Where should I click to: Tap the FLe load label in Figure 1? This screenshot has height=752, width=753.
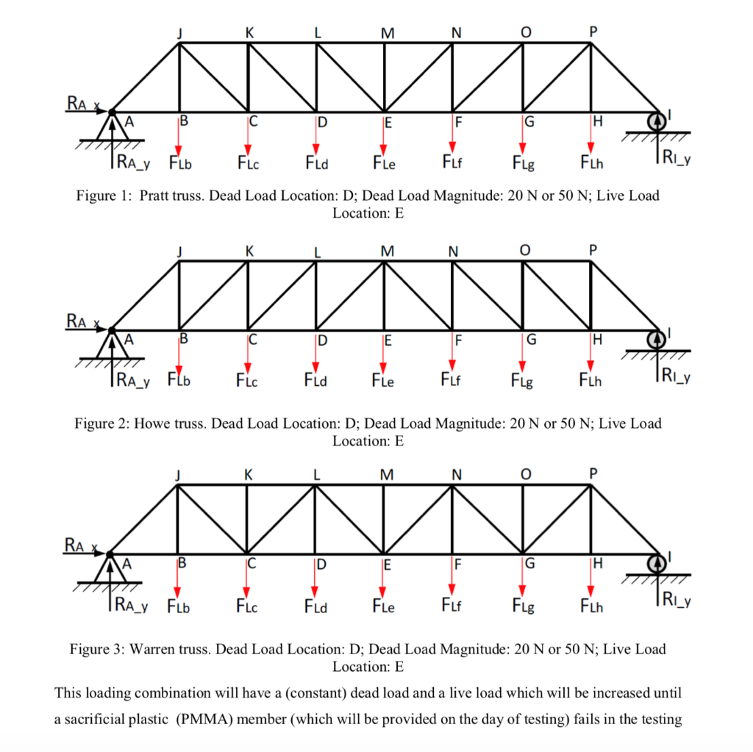(x=383, y=162)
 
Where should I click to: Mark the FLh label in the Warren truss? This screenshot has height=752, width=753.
(x=591, y=606)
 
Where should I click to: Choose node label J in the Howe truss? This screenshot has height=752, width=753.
(x=179, y=251)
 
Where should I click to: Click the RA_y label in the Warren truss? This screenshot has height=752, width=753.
(x=133, y=606)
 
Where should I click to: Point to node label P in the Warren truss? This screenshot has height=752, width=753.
(x=593, y=473)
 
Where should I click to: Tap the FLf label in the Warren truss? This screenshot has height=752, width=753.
(x=452, y=606)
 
